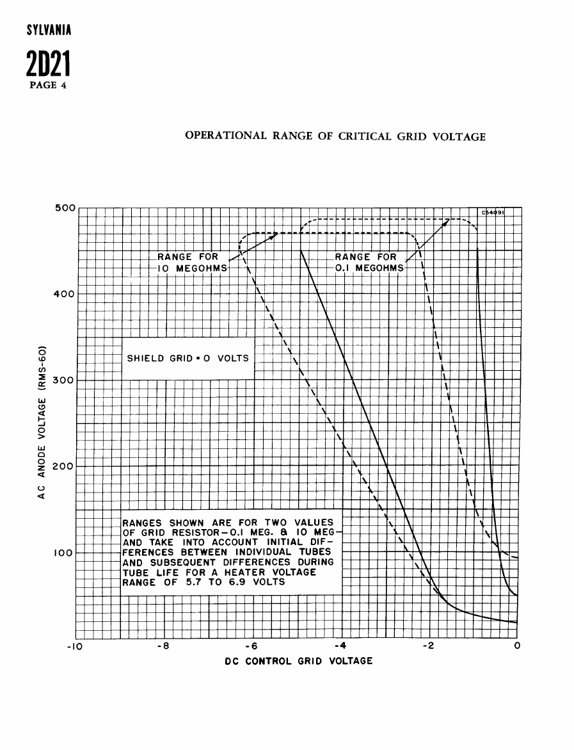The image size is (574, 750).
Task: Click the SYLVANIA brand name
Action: point(49,30)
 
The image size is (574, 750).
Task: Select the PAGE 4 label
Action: point(48,85)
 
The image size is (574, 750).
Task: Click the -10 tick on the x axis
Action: point(75,646)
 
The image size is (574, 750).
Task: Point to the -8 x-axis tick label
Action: point(164,646)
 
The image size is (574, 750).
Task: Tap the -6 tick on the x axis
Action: point(251,646)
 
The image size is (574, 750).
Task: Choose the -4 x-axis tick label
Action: point(340,646)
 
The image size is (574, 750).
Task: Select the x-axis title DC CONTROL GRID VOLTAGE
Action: point(299,661)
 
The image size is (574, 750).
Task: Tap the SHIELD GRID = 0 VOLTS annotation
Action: point(187,358)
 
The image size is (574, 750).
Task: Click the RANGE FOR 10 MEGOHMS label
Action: point(193,263)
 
